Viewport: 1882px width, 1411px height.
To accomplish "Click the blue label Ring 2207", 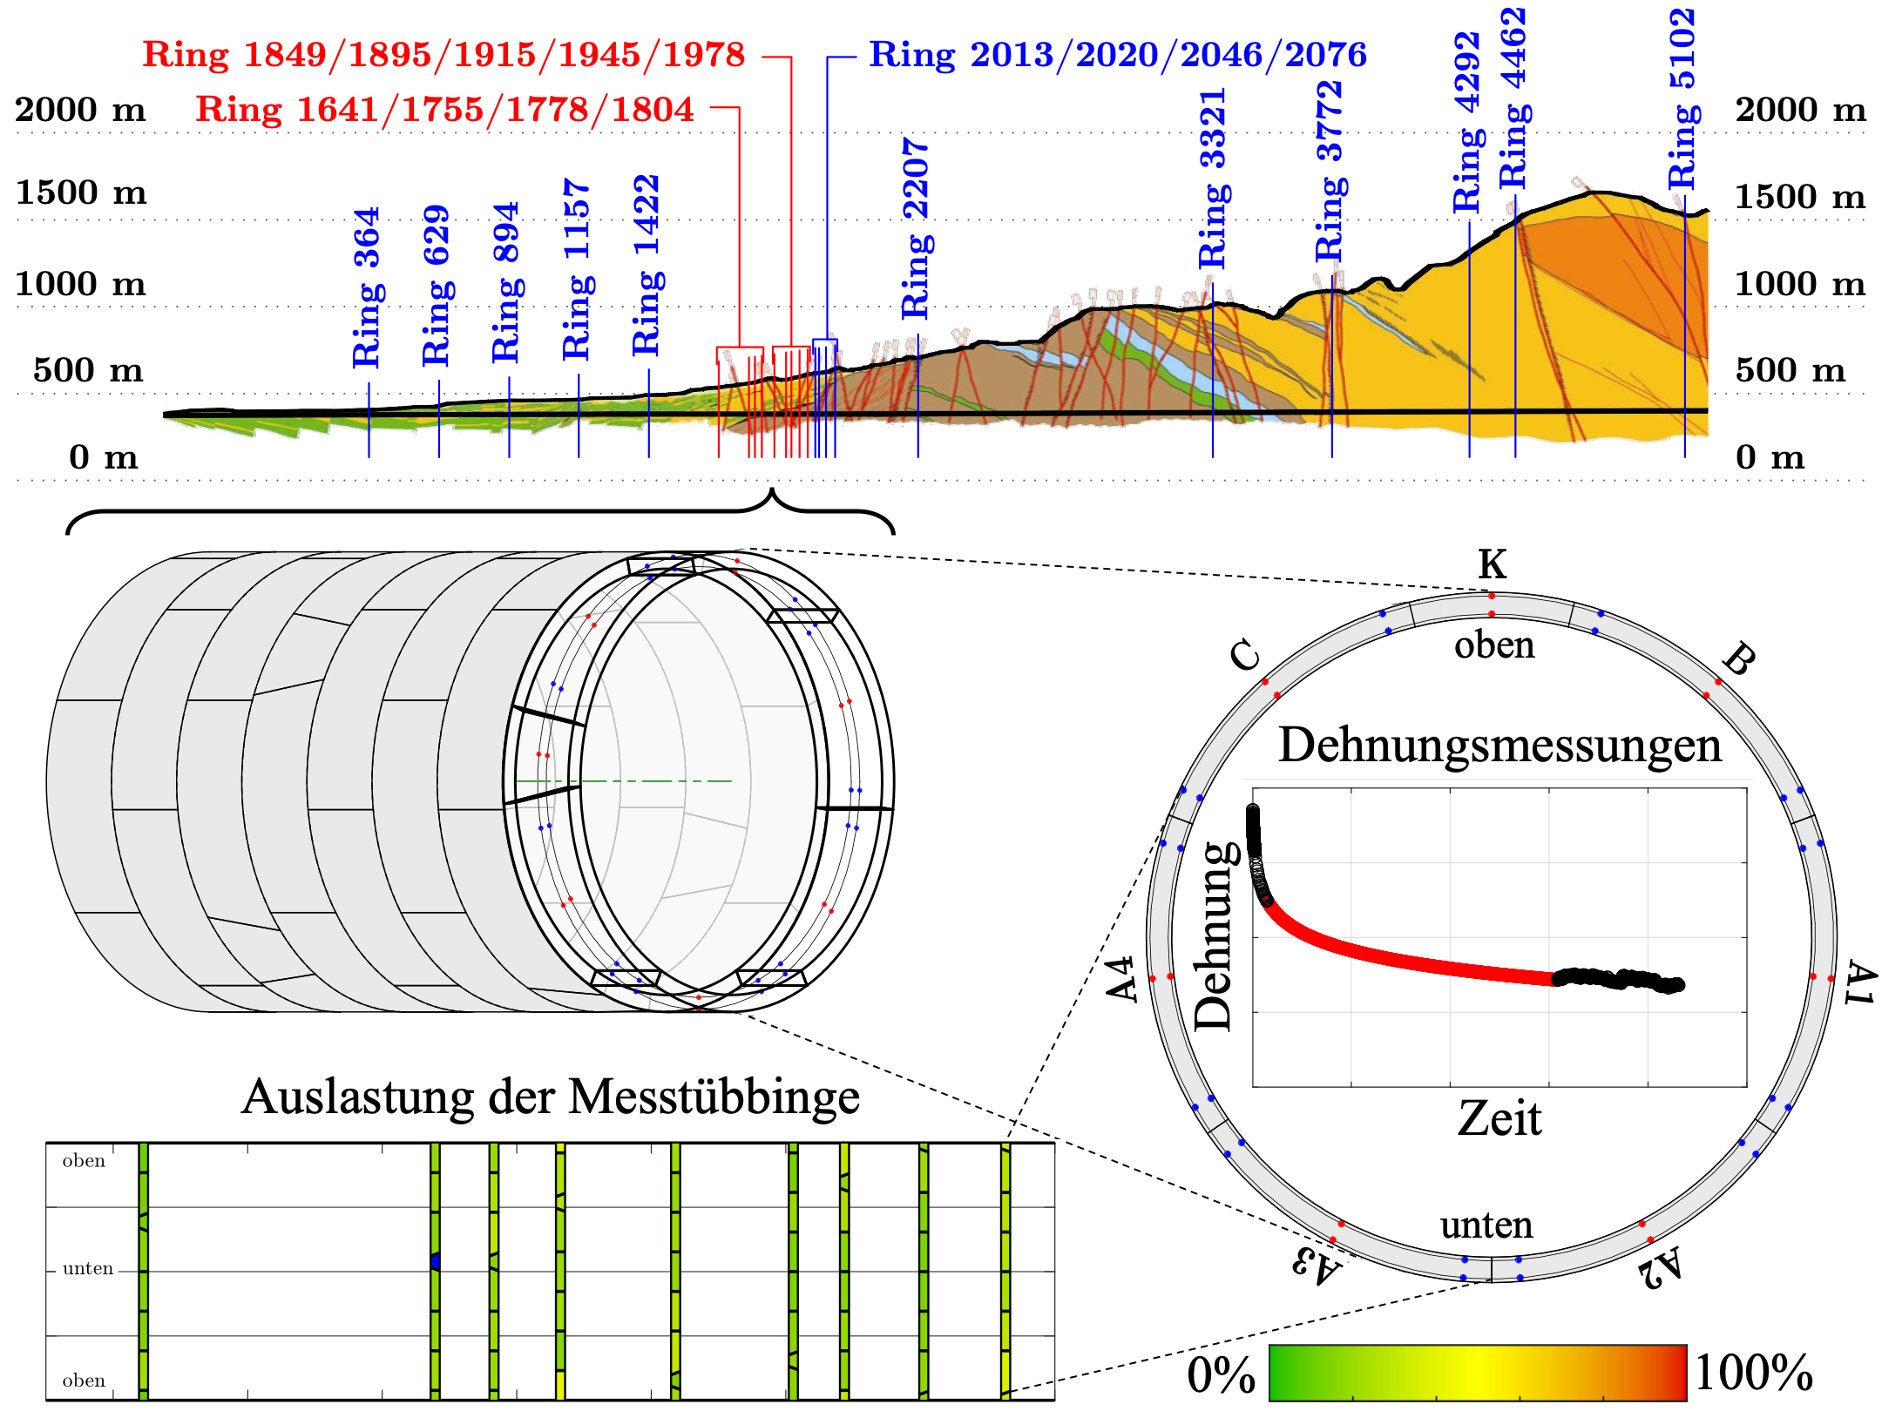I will click(x=916, y=228).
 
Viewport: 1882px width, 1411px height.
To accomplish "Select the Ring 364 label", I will click(x=367, y=287).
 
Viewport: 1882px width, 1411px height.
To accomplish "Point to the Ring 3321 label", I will click(x=1212, y=179).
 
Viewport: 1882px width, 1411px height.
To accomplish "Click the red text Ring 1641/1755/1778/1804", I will click(x=444, y=110).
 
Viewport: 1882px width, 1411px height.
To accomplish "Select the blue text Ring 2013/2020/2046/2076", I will click(x=1118, y=55).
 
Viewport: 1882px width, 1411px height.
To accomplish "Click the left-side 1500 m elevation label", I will click(x=81, y=192).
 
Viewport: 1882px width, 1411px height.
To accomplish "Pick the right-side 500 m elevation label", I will click(x=1790, y=370).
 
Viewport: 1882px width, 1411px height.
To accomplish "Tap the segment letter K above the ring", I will click(x=1492, y=564).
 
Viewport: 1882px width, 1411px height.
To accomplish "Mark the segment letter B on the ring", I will click(x=1738, y=659).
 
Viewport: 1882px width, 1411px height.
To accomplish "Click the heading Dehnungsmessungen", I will click(x=1500, y=746).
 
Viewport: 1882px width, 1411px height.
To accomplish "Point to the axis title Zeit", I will click(x=1499, y=1118).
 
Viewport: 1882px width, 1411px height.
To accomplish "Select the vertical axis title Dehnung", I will click(x=1214, y=935).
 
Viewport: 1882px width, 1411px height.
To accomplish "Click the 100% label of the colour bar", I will click(x=1753, y=1374).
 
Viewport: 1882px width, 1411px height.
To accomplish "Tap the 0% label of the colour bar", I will click(x=1221, y=1375).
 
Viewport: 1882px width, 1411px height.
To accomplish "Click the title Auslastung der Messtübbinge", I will click(x=550, y=1097).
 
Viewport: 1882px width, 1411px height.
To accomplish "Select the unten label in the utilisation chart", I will click(x=88, y=1269).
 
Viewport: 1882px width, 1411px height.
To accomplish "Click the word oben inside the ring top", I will click(x=1494, y=645).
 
